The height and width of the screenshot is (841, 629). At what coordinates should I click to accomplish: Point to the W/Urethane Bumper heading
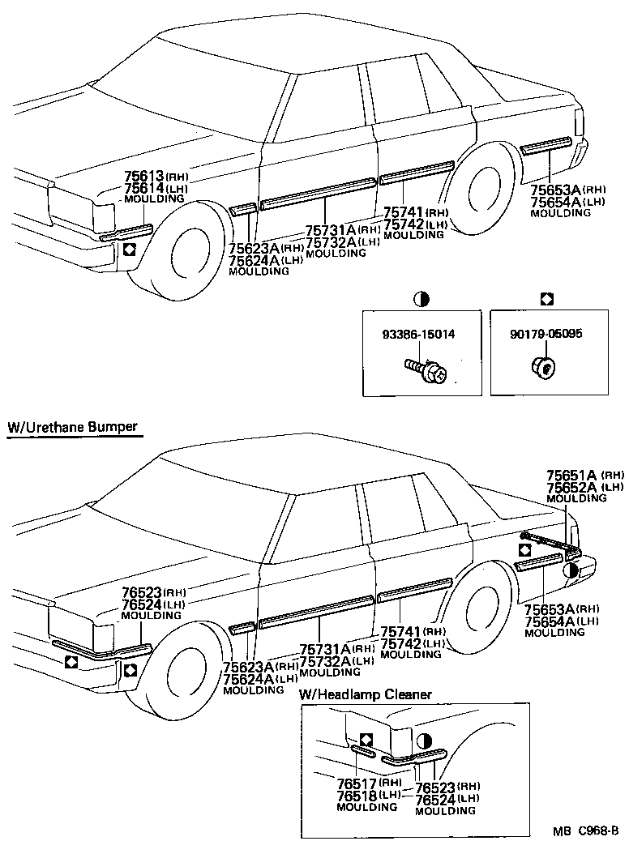[x=72, y=427]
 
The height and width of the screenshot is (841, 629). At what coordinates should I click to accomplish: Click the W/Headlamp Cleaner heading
[x=366, y=694]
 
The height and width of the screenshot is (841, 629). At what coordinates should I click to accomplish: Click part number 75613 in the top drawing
[x=144, y=176]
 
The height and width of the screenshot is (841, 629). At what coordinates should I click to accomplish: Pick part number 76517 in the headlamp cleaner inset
[x=357, y=784]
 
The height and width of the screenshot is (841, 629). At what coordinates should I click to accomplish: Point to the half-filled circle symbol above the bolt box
[x=421, y=300]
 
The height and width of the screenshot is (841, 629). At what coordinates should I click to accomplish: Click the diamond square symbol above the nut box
[x=546, y=300]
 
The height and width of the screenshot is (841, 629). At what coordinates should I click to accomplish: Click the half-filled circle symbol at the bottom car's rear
[x=571, y=571]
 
